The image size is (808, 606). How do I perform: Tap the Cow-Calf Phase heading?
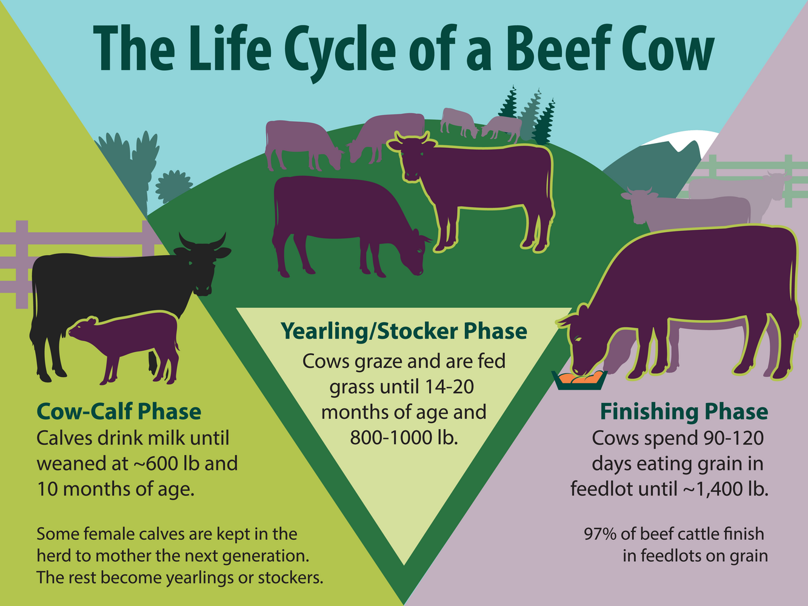point(119,411)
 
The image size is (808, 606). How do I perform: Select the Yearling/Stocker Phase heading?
point(404,331)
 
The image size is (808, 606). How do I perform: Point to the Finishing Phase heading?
point(684,411)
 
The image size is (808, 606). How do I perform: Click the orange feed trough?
point(579,380)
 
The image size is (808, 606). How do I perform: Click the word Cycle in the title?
point(340,52)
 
